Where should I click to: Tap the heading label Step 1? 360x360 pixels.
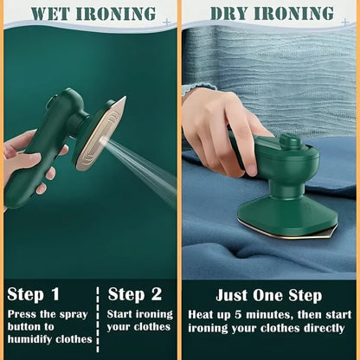tap(34, 293)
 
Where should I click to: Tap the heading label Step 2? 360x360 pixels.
tap(135, 293)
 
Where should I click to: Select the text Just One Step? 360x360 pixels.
tap(268, 293)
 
